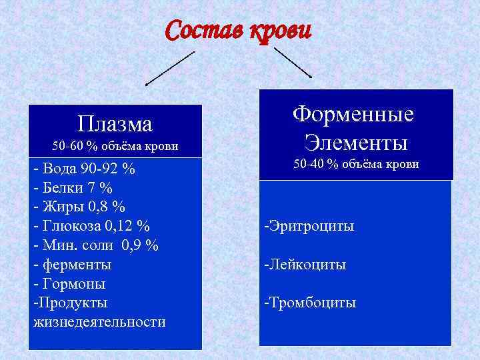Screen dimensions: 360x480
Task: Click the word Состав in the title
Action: click(x=203, y=31)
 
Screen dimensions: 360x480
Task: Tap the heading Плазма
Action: click(x=115, y=124)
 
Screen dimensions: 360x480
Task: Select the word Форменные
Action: click(x=353, y=113)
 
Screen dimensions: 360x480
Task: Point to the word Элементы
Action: click(x=355, y=142)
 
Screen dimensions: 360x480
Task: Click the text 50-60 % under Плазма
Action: click(x=77, y=146)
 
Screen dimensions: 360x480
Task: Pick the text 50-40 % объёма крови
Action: click(x=356, y=164)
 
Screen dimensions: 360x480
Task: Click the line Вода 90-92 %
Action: click(x=84, y=169)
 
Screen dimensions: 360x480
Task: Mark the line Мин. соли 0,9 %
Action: click(x=95, y=245)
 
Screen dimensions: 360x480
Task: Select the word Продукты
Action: click(x=70, y=303)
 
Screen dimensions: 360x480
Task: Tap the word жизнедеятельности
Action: click(x=99, y=322)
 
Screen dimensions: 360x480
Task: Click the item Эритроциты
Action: click(x=309, y=227)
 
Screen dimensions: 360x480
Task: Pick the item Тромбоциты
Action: click(x=310, y=303)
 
